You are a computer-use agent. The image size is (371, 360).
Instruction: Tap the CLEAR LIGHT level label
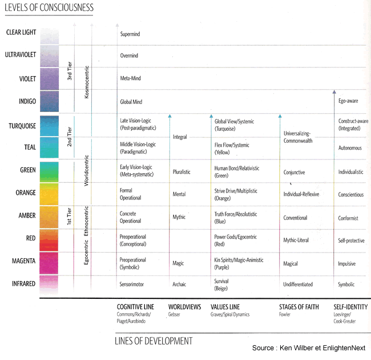[21, 33]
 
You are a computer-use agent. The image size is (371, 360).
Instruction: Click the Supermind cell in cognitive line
[130, 34]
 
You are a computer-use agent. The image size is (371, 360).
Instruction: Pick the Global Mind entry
[132, 102]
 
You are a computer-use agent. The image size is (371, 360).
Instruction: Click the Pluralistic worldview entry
[182, 171]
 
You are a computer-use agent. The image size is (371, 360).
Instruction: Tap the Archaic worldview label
[179, 284]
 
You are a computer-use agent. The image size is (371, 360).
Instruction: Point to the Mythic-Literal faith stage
[296, 240]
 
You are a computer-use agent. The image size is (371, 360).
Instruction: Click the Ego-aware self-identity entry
[348, 102]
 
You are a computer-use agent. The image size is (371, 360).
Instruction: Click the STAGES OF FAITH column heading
[299, 307]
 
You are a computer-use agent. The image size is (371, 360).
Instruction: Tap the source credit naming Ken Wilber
[310, 348]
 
